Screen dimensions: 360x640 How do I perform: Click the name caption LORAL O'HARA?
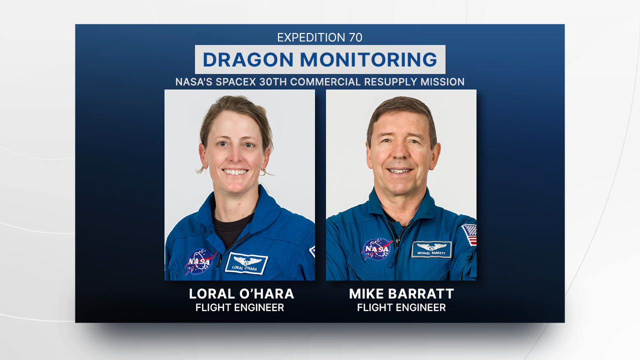(x=241, y=294)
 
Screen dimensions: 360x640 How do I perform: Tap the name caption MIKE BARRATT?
(x=401, y=294)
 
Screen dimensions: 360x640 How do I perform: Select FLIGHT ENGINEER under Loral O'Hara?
(x=239, y=307)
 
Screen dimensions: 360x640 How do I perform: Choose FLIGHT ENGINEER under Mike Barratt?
(x=401, y=307)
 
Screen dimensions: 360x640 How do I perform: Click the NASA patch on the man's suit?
(x=377, y=249)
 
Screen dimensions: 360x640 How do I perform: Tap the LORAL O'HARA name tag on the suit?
(x=246, y=263)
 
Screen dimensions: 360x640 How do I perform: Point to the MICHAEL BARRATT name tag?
(x=431, y=249)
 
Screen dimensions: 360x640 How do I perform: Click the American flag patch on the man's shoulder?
(x=469, y=234)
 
